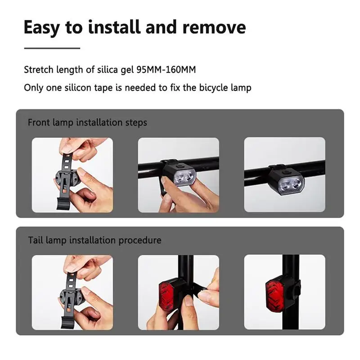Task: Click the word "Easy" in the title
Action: tap(42, 28)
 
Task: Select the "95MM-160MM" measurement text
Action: tap(166, 70)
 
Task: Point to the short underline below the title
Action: tap(52, 48)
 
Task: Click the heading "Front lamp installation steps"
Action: tap(87, 122)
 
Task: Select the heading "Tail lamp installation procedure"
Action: tap(94, 240)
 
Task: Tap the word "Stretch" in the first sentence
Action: tap(39, 70)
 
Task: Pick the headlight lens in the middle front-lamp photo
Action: tap(184, 177)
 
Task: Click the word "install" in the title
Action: tap(114, 27)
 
